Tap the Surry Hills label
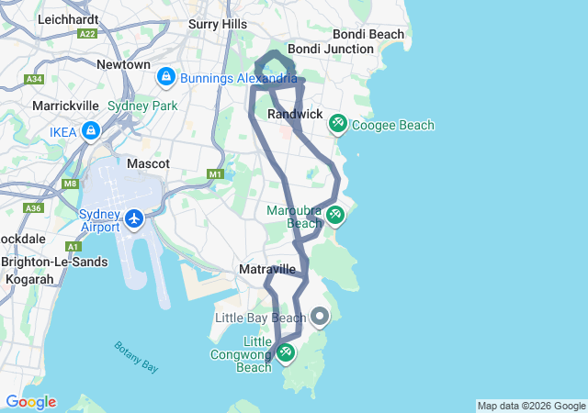[x=218, y=24]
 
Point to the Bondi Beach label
[x=368, y=34]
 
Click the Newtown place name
[x=123, y=65]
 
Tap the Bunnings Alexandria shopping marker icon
[x=166, y=77]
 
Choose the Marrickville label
[x=65, y=106]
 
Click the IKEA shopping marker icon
[x=90, y=132]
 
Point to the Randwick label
[x=295, y=114]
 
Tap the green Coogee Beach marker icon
[x=337, y=123]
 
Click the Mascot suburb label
[x=148, y=163]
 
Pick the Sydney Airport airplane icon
[x=134, y=218]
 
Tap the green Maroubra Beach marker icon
[x=335, y=214]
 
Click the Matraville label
[x=266, y=269]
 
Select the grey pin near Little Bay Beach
[x=320, y=317]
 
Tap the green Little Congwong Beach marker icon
[x=286, y=351]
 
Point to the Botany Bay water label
[x=136, y=356]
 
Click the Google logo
[x=30, y=402]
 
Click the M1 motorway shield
[x=216, y=173]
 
